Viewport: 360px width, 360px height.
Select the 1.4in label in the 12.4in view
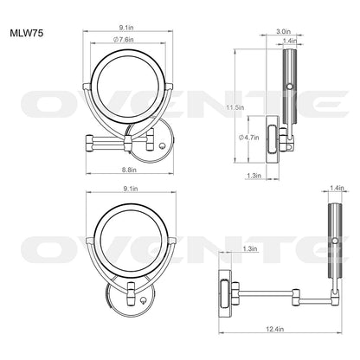[335, 188]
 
